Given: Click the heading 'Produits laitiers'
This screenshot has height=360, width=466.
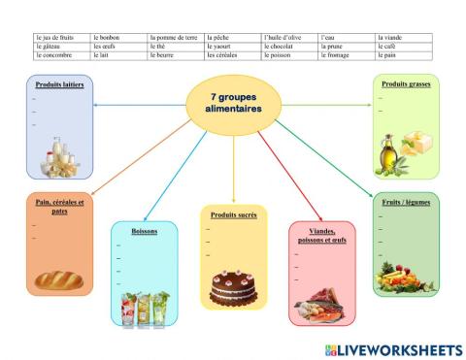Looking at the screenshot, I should (x=60, y=84).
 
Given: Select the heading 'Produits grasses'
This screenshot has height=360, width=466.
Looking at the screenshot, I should (x=406, y=84).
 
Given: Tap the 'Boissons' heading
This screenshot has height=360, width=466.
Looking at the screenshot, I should (x=144, y=231).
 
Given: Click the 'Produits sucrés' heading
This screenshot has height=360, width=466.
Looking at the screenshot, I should (x=233, y=213).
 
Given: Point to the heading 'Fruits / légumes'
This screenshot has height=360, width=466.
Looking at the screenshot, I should (x=406, y=202).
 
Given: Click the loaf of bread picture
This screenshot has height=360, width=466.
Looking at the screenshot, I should (x=59, y=280).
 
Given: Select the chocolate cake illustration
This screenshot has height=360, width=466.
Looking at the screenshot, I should (x=233, y=288).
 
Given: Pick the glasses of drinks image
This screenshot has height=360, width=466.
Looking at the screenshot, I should (x=145, y=308).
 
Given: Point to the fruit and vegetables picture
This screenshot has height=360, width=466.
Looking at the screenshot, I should (x=406, y=276).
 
